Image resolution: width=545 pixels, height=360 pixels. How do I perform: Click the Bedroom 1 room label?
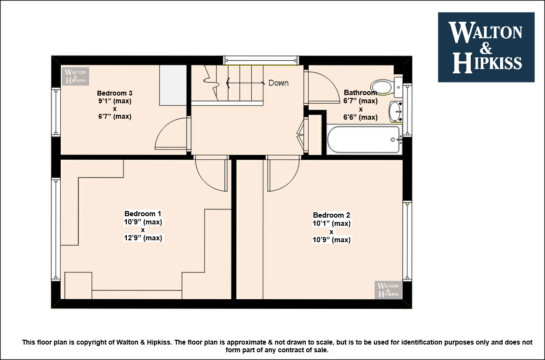[x=142, y=214]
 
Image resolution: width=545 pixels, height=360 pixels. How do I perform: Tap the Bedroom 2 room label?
[x=331, y=215]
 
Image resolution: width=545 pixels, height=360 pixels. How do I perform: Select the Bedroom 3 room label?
[x=115, y=93]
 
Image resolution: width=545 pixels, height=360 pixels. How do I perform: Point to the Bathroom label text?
[x=360, y=93]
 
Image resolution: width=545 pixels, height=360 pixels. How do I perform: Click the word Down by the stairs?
[x=278, y=83]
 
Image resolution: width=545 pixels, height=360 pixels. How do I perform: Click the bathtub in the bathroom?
[x=364, y=139]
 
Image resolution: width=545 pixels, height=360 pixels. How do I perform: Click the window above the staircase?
[x=261, y=60]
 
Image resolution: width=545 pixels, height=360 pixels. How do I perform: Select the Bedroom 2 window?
[x=408, y=240]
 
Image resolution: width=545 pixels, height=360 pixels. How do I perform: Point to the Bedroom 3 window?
[x=55, y=111]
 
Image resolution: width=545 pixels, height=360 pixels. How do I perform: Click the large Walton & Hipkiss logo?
[x=486, y=47]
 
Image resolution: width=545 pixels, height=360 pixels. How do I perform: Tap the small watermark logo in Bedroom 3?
[x=75, y=76]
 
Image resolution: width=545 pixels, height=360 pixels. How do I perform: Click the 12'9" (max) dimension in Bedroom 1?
[x=143, y=238]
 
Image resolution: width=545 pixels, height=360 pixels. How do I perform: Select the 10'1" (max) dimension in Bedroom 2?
[x=332, y=223]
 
